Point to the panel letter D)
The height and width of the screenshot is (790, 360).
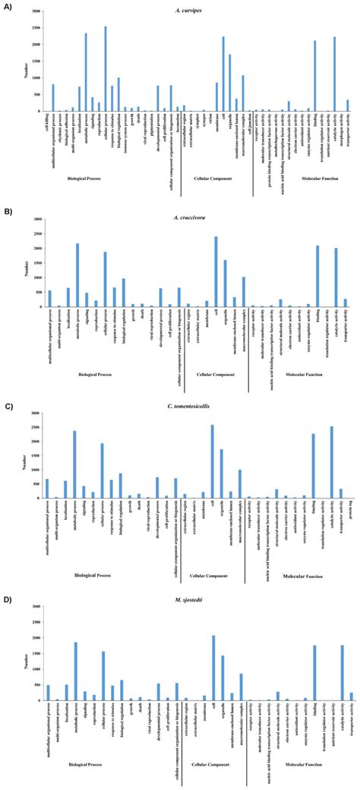pos(8,600)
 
